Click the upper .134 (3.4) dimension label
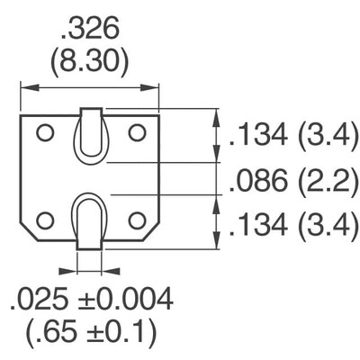pyautogui.click(x=291, y=137)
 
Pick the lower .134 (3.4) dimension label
pyautogui.click(x=291, y=225)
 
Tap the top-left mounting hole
pyautogui.click(x=44, y=132)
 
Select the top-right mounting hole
pyautogui.click(x=137, y=132)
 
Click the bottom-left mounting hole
pyautogui.click(x=44, y=220)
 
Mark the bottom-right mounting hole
pyautogui.click(x=137, y=220)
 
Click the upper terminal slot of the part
pyautogui.click(x=90, y=136)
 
